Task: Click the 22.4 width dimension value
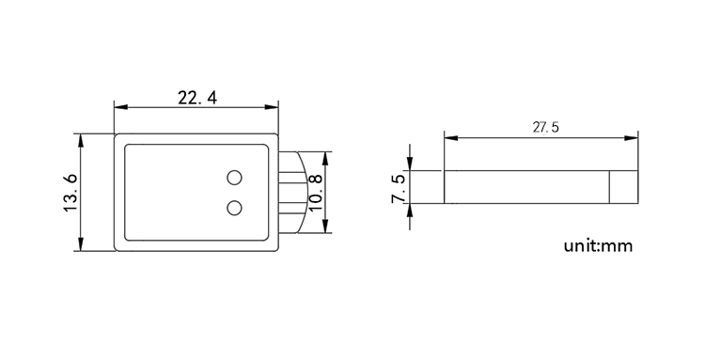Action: (197, 97)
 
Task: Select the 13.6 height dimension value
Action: (70, 193)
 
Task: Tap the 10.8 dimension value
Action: (316, 192)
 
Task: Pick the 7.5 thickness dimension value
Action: (398, 188)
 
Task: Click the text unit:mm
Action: (598, 247)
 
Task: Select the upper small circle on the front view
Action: (235, 178)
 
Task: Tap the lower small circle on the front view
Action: (235, 207)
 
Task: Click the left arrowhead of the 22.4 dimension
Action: (118, 107)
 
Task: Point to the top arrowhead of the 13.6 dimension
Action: (82, 139)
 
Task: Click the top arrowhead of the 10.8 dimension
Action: (326, 156)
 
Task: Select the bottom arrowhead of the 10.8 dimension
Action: (326, 228)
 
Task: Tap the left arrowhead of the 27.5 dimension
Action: (449, 138)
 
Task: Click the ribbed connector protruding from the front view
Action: (292, 193)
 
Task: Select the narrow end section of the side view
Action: (623, 186)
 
